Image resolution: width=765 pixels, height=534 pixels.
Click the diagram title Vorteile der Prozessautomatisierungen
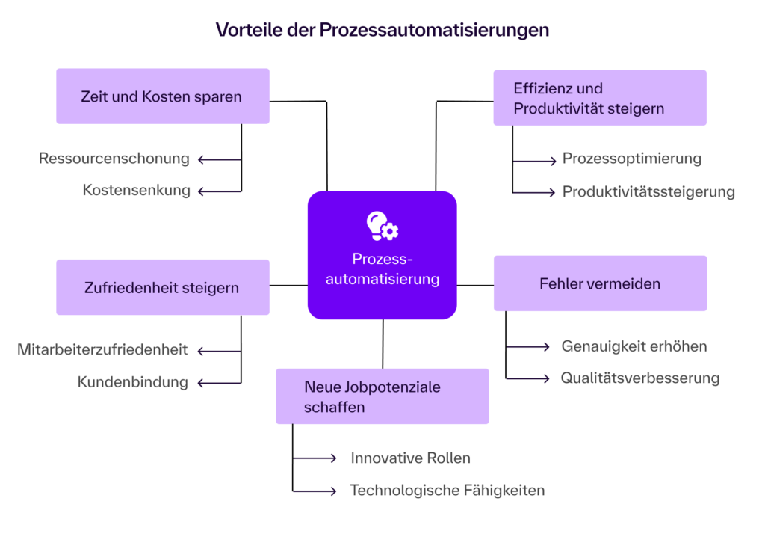point(382,30)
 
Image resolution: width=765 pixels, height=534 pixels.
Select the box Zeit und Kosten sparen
point(162,96)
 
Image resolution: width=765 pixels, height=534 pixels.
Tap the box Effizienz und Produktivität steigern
point(599,98)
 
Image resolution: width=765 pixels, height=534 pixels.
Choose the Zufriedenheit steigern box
point(162,287)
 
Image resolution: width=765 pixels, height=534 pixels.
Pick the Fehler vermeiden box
point(599,283)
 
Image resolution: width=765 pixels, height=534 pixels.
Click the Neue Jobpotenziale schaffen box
point(382,396)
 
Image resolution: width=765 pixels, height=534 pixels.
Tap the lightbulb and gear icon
point(382,226)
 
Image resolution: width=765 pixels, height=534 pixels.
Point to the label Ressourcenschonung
point(114,159)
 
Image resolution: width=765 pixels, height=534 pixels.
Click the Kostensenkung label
point(137,191)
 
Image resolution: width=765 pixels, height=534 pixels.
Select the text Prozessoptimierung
point(631,159)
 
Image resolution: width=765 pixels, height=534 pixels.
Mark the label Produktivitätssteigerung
point(648,192)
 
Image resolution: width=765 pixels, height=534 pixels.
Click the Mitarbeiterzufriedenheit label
point(102,350)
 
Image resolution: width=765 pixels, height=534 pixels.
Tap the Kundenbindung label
point(133,382)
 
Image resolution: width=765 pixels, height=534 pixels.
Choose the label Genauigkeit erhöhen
point(634,346)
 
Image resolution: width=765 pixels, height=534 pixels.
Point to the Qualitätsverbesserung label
point(640,378)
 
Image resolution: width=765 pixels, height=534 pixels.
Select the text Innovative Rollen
point(410,458)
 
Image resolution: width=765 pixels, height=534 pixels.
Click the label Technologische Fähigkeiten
point(447,491)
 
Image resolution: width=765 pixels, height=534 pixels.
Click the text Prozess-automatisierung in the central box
point(382,269)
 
